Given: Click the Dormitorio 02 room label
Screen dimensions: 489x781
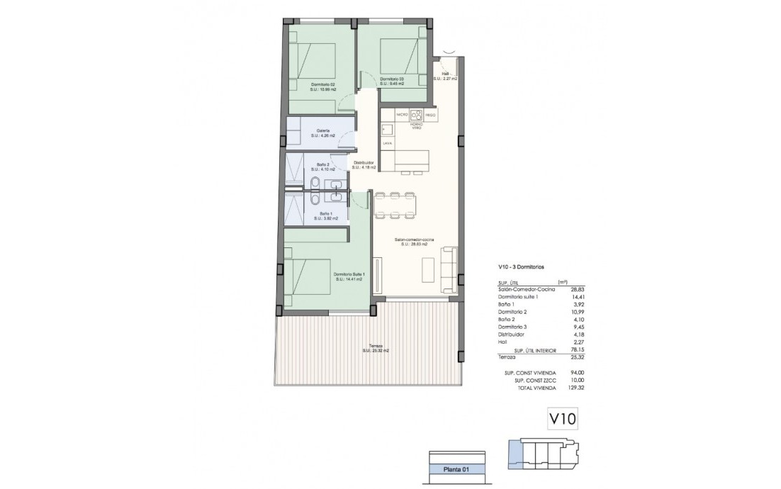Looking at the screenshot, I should pyautogui.click(x=322, y=85).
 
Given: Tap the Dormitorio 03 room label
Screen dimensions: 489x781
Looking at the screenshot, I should pyautogui.click(x=391, y=78).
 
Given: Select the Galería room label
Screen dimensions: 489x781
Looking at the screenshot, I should pyautogui.click(x=322, y=130).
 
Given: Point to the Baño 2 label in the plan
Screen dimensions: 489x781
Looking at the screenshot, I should pyautogui.click(x=322, y=165).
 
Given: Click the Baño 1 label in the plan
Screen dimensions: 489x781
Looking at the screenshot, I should pyautogui.click(x=325, y=213).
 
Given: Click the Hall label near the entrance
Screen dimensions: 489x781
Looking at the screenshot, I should pyautogui.click(x=446, y=74).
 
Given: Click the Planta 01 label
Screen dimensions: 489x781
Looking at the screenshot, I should pyautogui.click(x=456, y=468).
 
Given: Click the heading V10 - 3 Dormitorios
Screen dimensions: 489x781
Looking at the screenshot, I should pyautogui.click(x=521, y=267).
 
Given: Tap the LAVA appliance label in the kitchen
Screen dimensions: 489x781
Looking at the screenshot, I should pyautogui.click(x=387, y=143).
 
